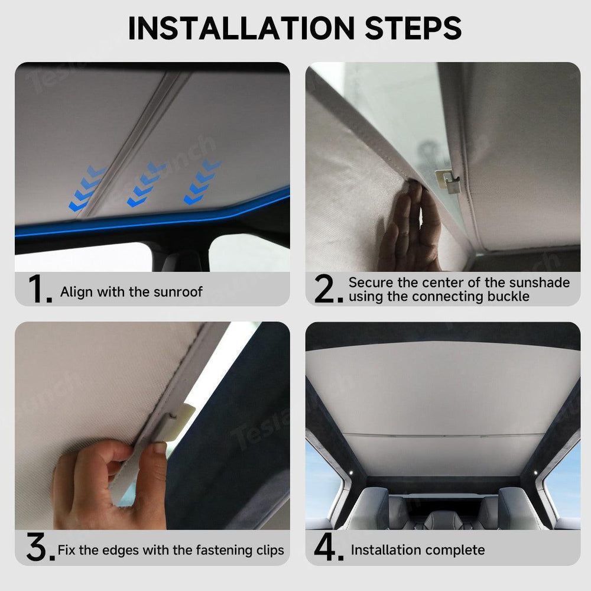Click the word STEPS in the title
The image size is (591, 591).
coord(408,28)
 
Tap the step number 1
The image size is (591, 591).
coord(39,290)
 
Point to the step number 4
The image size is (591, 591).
coord(329,549)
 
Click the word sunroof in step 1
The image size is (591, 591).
coord(180,292)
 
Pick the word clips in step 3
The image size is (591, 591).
coord(268,550)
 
